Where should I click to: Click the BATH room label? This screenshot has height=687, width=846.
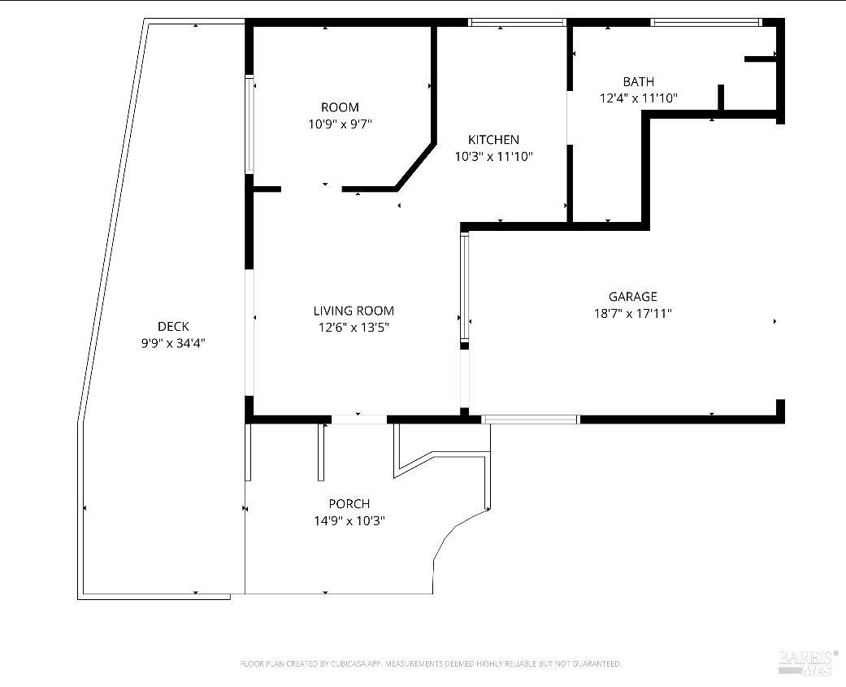coord(638,82)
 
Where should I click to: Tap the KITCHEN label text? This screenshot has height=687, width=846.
coord(493,140)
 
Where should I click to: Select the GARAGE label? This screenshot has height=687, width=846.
coord(633,296)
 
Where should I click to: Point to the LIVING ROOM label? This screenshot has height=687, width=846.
coord(354,311)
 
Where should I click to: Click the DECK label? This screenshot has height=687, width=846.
coord(173,327)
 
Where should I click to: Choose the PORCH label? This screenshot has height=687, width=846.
coord(349,504)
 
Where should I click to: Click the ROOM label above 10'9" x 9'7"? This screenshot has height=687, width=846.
coord(340,107)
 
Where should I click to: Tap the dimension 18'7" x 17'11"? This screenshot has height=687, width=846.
coord(633,314)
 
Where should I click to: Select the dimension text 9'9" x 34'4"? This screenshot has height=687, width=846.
coord(173,343)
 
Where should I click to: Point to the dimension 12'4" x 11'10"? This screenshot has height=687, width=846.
coord(638,98)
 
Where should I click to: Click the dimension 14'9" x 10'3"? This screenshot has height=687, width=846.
coord(349,521)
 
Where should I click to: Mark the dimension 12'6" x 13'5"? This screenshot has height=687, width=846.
coord(354,328)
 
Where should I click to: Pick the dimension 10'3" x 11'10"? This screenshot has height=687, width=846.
coord(493,157)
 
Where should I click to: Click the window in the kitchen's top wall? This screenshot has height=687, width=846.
coord(516,23)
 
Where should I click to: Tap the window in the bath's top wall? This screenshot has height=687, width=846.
coord(705,23)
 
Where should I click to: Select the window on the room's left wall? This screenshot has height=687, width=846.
coord(249,124)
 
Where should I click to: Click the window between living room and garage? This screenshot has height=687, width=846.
coord(465,286)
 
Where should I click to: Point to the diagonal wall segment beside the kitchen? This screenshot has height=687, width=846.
coord(414,166)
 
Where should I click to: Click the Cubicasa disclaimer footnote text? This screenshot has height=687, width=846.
coord(430,663)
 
